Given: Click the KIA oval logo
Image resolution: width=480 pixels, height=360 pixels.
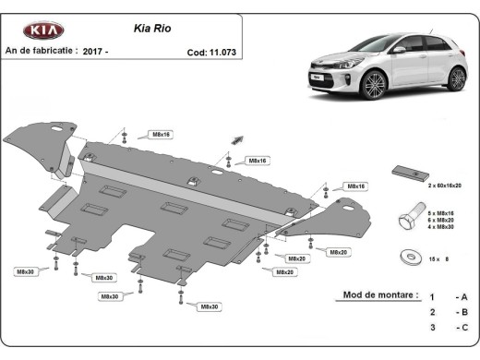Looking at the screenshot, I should [x=43, y=30].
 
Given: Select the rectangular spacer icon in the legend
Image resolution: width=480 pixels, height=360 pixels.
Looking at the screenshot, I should [x=409, y=174].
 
